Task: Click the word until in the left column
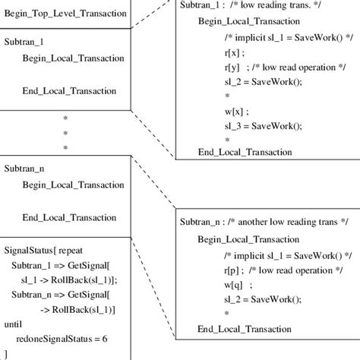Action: [x=13, y=324]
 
